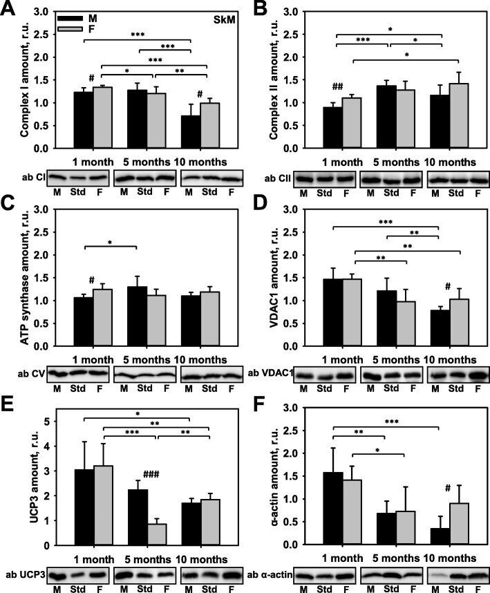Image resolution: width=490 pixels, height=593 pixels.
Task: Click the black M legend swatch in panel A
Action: [x=70, y=18]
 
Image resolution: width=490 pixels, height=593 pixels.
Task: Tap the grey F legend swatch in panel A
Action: [x=70, y=29]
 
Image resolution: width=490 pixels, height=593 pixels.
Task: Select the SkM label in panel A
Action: [x=224, y=19]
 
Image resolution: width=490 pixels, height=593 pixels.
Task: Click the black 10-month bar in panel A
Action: [x=191, y=131]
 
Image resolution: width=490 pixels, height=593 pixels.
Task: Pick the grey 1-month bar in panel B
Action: [x=352, y=123]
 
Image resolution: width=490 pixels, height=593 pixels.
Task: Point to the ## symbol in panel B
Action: [x=338, y=87]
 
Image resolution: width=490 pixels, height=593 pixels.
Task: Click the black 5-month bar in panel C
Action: [x=138, y=316]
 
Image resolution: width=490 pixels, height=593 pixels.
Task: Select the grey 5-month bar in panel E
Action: [x=157, y=534]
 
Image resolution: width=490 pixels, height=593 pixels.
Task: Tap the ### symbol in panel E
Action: [x=151, y=474]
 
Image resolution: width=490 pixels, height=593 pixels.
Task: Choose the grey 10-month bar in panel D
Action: [x=460, y=323]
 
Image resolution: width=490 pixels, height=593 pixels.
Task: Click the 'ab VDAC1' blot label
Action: [x=270, y=374]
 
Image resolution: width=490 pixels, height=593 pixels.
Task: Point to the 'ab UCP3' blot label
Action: [x=26, y=575]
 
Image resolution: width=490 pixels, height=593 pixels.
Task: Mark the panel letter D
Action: [x=261, y=206]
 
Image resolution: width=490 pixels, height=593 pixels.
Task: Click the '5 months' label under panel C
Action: [x=147, y=359]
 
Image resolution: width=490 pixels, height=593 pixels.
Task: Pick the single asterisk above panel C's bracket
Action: [x=110, y=242]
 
